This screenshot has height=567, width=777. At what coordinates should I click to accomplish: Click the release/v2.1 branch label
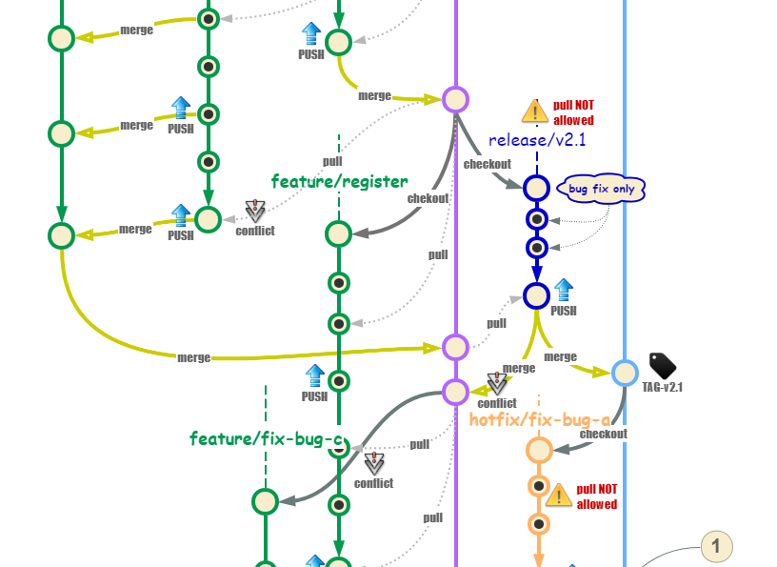[537, 141]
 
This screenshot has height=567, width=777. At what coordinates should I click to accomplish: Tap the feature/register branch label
[339, 181]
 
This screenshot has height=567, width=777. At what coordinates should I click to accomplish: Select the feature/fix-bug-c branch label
[265, 439]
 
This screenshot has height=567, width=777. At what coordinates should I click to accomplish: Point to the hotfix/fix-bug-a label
[539, 418]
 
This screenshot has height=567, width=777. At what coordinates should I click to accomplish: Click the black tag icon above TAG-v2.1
[662, 366]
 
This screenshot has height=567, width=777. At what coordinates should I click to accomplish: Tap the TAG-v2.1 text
[662, 388]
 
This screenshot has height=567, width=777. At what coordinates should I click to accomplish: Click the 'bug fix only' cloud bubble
[602, 189]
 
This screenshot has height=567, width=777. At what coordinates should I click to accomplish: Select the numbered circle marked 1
[716, 547]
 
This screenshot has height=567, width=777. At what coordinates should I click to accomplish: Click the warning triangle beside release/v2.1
[536, 112]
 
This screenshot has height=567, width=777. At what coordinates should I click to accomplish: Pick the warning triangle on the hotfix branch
[561, 495]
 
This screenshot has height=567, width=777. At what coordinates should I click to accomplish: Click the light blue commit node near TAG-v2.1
[625, 372]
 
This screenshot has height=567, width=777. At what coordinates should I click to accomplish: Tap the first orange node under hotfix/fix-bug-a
[539, 450]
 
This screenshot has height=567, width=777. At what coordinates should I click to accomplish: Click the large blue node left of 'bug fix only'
[536, 188]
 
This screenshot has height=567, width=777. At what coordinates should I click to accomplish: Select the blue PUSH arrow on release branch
[564, 290]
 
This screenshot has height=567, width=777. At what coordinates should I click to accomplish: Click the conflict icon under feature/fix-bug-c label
[374, 463]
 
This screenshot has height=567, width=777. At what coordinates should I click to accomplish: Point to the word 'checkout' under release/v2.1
[487, 164]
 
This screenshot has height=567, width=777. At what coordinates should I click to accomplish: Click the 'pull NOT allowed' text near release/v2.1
[573, 113]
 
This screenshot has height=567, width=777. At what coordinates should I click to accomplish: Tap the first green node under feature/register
[339, 233]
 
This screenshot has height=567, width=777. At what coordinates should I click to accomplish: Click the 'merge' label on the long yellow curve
[193, 357]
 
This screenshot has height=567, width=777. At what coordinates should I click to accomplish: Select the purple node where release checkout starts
[456, 99]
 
